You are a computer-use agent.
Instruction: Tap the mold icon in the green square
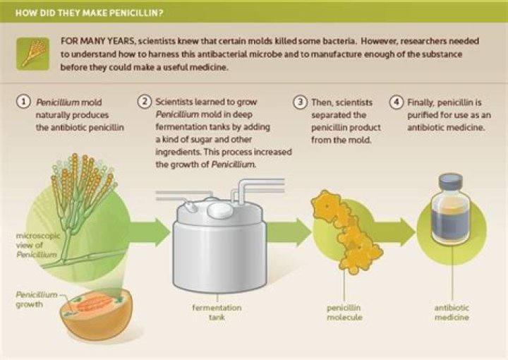click(x=33, y=54)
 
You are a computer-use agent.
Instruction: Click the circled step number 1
click(x=25, y=102)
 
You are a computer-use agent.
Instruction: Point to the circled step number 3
click(x=299, y=102)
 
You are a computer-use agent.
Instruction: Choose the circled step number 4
click(x=397, y=102)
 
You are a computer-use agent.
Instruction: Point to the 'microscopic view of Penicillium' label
click(x=33, y=244)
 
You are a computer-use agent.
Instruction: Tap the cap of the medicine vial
click(x=450, y=183)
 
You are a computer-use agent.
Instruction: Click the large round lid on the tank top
click(x=219, y=209)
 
